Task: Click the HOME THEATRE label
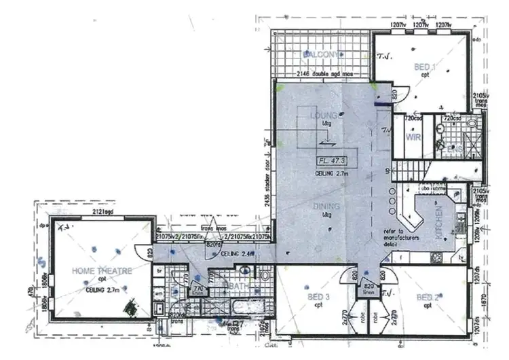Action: pyautogui.click(x=101, y=270)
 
